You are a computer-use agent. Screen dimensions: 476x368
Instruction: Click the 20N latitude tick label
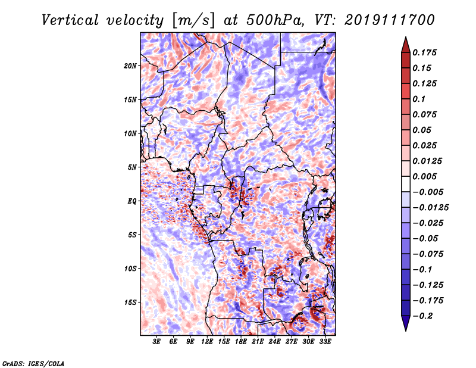(130, 66)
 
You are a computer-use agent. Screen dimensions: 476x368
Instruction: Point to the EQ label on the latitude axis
(132, 201)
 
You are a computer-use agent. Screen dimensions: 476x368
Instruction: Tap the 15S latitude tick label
(130, 302)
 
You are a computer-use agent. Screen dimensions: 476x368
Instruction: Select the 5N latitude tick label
(132, 167)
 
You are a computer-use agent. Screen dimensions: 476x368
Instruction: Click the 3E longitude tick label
(156, 342)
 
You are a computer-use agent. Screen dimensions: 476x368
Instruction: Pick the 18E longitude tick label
(241, 342)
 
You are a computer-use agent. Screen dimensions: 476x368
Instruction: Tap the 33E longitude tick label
(325, 342)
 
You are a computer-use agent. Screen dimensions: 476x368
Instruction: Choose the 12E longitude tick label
(207, 342)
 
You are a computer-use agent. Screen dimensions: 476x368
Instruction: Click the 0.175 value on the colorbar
(424, 52)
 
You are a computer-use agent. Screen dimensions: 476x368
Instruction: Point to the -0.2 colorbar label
(423, 316)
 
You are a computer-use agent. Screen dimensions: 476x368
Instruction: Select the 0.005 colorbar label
(424, 176)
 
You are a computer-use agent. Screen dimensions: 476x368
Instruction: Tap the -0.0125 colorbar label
(430, 208)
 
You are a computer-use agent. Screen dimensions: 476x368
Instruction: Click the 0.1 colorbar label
(419, 99)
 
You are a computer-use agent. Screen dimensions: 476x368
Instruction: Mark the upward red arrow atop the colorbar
(406, 45)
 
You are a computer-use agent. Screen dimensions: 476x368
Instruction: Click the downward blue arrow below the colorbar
(406, 323)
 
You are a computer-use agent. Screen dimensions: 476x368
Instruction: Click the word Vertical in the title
(70, 20)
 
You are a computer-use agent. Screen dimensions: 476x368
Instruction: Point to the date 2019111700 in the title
(390, 20)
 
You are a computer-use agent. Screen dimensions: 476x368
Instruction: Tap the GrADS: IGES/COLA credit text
(33, 363)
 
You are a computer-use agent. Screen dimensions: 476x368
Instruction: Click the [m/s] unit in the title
(193, 20)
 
